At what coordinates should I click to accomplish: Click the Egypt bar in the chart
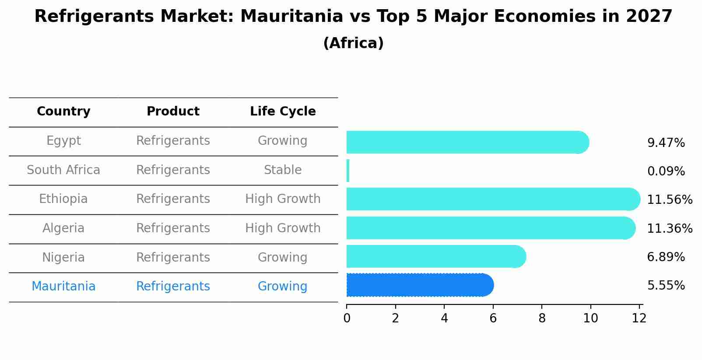pyautogui.click(x=467, y=142)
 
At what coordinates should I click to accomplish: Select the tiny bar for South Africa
pyautogui.click(x=348, y=171)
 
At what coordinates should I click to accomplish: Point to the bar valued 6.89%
pyautogui.click(x=436, y=257)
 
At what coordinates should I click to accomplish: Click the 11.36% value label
pyautogui.click(x=670, y=228)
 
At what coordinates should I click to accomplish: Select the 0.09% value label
pyautogui.click(x=666, y=171)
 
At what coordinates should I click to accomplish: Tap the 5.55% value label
pyautogui.click(x=666, y=286)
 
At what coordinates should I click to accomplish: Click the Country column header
pyautogui.click(x=63, y=112)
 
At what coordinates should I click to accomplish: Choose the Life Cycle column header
pyautogui.click(x=283, y=112)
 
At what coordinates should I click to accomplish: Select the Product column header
pyautogui.click(x=173, y=112)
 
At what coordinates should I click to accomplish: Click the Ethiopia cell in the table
pyautogui.click(x=63, y=199)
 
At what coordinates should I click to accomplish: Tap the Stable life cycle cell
pyautogui.click(x=283, y=170)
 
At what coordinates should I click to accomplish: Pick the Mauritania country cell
pyautogui.click(x=63, y=287)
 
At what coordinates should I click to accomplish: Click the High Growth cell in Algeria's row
pyautogui.click(x=283, y=228)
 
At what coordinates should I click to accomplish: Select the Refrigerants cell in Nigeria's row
pyautogui.click(x=173, y=258)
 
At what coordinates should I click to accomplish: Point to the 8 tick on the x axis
pyautogui.click(x=542, y=318)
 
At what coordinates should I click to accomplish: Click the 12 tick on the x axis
pyautogui.click(x=639, y=318)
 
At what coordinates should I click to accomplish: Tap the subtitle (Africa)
pyautogui.click(x=353, y=43)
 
